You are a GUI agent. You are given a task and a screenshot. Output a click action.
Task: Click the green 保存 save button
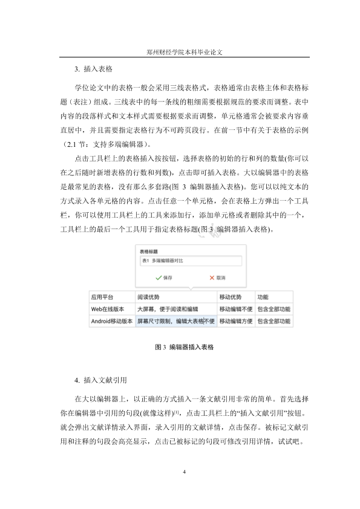(x=164, y=277)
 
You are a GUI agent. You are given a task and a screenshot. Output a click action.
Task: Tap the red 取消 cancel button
(x=217, y=277)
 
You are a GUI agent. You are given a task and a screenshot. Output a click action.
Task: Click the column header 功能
(x=263, y=297)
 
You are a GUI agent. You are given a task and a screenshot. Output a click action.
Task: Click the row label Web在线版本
(x=108, y=310)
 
